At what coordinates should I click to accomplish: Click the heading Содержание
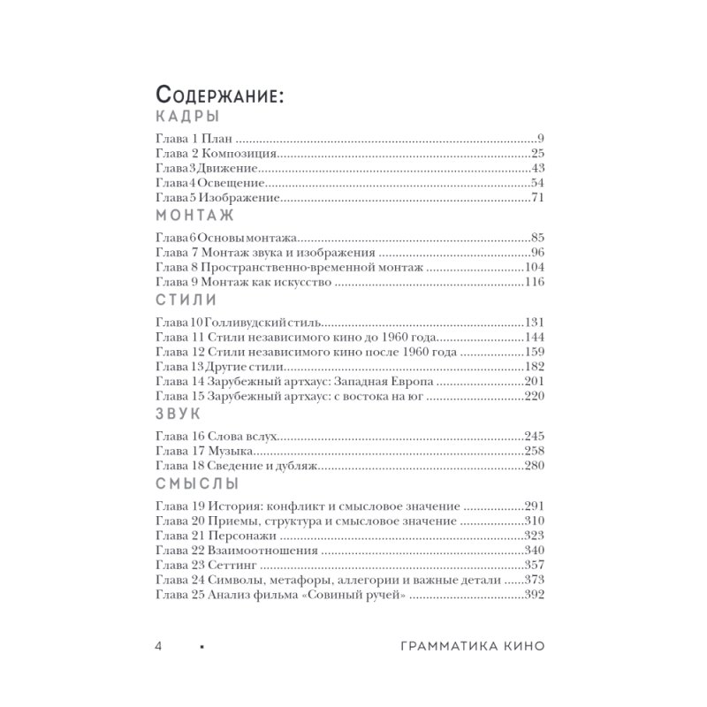tap(219, 95)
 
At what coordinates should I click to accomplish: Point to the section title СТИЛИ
tap(186, 300)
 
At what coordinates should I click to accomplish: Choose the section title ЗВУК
tap(177, 414)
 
